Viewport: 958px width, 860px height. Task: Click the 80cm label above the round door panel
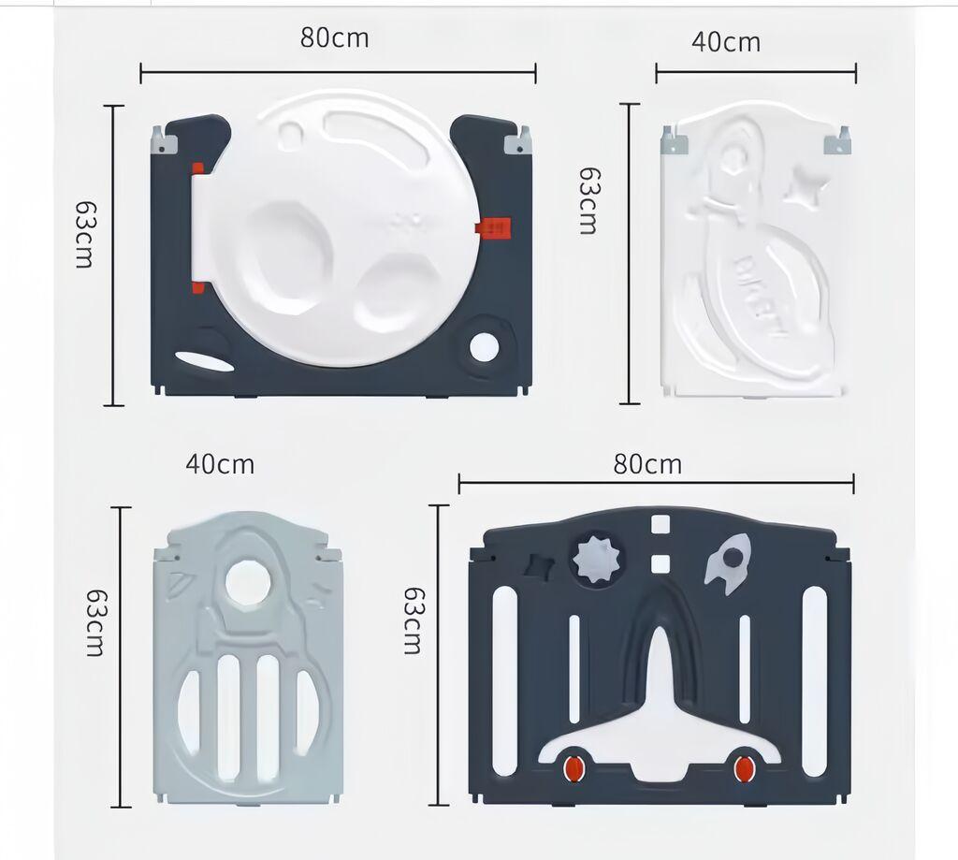(x=334, y=38)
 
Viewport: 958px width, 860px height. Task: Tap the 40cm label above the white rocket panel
(x=725, y=42)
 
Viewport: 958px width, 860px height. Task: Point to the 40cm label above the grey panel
(x=219, y=464)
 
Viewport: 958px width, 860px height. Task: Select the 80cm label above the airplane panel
(x=647, y=464)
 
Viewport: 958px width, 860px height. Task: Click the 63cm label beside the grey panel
(x=94, y=622)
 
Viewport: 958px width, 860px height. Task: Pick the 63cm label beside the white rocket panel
(x=588, y=200)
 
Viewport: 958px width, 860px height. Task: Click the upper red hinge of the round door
(x=197, y=169)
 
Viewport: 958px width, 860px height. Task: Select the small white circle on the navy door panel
(x=484, y=347)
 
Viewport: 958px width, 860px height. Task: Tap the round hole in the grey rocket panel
(x=248, y=584)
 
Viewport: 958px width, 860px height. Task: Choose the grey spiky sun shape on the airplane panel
(x=596, y=559)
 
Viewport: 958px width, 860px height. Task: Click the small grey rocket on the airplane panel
(x=729, y=562)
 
